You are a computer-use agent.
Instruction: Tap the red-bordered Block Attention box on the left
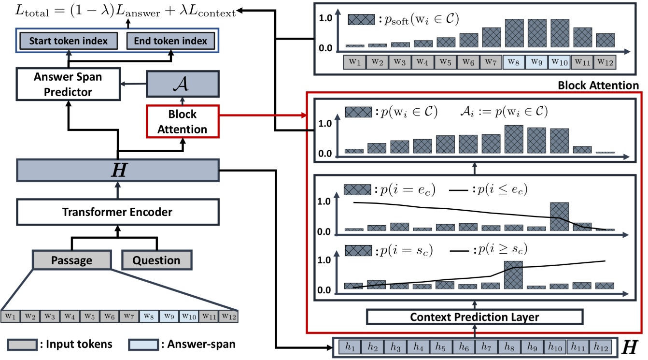[x=183, y=121]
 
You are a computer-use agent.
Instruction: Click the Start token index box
[x=68, y=41]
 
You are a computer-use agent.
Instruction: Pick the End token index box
[x=170, y=41]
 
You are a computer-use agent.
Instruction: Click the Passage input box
[x=71, y=260]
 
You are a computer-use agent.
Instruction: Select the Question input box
[x=156, y=260]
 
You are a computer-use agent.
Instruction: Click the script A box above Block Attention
[x=183, y=84]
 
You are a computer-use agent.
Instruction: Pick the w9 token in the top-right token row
[x=537, y=62]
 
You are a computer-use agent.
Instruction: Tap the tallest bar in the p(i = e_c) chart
[x=559, y=216]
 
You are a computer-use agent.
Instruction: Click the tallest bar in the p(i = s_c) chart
[x=513, y=275]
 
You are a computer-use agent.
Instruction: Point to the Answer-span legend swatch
[x=143, y=345]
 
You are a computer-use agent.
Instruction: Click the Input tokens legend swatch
[x=22, y=345]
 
